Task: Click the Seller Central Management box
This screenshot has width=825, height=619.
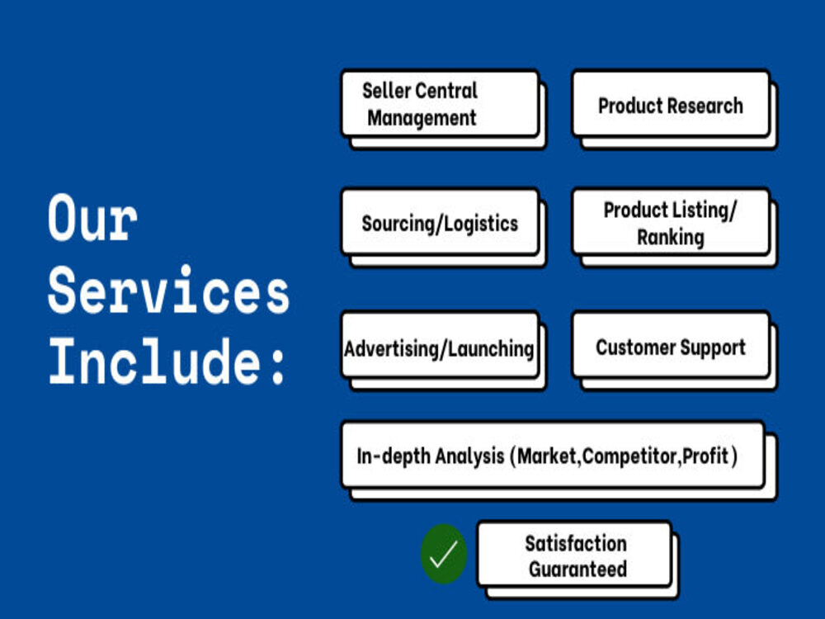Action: click(441, 104)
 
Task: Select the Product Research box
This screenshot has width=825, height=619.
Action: click(671, 104)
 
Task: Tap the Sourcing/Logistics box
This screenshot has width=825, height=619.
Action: click(441, 223)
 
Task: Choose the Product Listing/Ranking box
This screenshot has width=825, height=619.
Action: click(671, 223)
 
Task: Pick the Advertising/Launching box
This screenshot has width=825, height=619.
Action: click(441, 346)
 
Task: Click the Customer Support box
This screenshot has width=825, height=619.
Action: click(671, 346)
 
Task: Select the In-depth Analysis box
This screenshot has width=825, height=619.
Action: click(553, 455)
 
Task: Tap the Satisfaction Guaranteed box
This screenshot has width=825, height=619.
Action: click(574, 555)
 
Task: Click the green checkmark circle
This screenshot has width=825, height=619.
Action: click(444, 555)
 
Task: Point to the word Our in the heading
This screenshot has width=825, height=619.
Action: click(92, 218)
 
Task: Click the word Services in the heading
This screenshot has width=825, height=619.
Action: click(168, 290)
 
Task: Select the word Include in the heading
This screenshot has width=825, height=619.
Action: click(154, 362)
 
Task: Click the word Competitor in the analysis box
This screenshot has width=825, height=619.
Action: click(630, 456)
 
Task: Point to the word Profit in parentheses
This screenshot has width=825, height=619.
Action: click(705, 456)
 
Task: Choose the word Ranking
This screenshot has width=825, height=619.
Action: click(670, 238)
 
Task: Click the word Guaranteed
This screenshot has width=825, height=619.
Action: click(577, 569)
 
